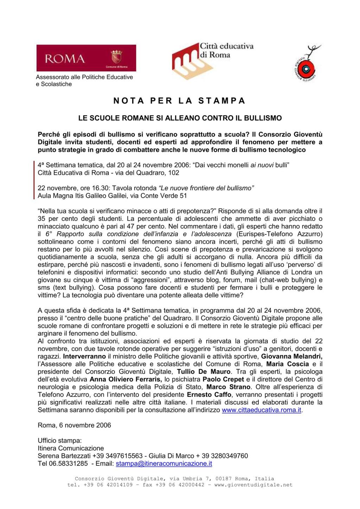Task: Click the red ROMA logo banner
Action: click(x=86, y=58)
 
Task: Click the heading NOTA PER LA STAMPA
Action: click(x=179, y=101)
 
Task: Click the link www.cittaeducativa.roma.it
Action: click(x=262, y=410)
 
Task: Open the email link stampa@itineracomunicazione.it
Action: click(x=164, y=464)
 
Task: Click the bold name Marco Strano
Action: click(x=238, y=387)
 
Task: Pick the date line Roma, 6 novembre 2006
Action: click(x=74, y=425)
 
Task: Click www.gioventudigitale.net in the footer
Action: click(x=253, y=485)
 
